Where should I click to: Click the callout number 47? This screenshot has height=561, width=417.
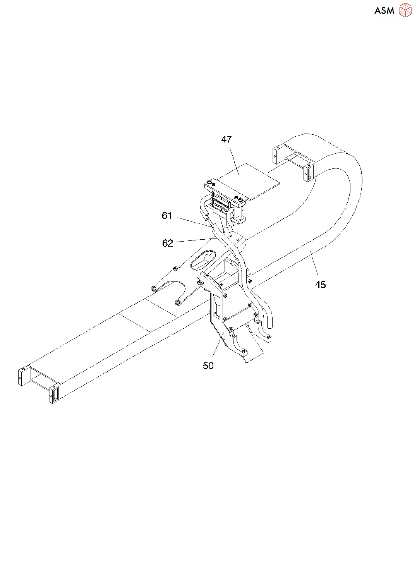pyautogui.click(x=227, y=139)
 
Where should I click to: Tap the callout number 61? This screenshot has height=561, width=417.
pyautogui.click(x=167, y=216)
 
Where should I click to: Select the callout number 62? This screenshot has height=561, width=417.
pyautogui.click(x=167, y=243)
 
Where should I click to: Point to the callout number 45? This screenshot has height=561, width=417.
pyautogui.click(x=321, y=285)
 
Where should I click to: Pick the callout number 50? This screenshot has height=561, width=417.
pyautogui.click(x=208, y=366)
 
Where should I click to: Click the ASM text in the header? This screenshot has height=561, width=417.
pyautogui.click(x=384, y=10)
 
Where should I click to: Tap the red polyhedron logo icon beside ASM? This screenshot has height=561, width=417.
pyautogui.click(x=405, y=10)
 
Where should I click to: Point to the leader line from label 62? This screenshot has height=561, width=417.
pyautogui.click(x=196, y=240)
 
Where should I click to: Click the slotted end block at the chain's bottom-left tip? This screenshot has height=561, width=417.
pyautogui.click(x=55, y=393)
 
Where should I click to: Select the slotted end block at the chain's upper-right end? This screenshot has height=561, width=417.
pyautogui.click(x=309, y=172)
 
